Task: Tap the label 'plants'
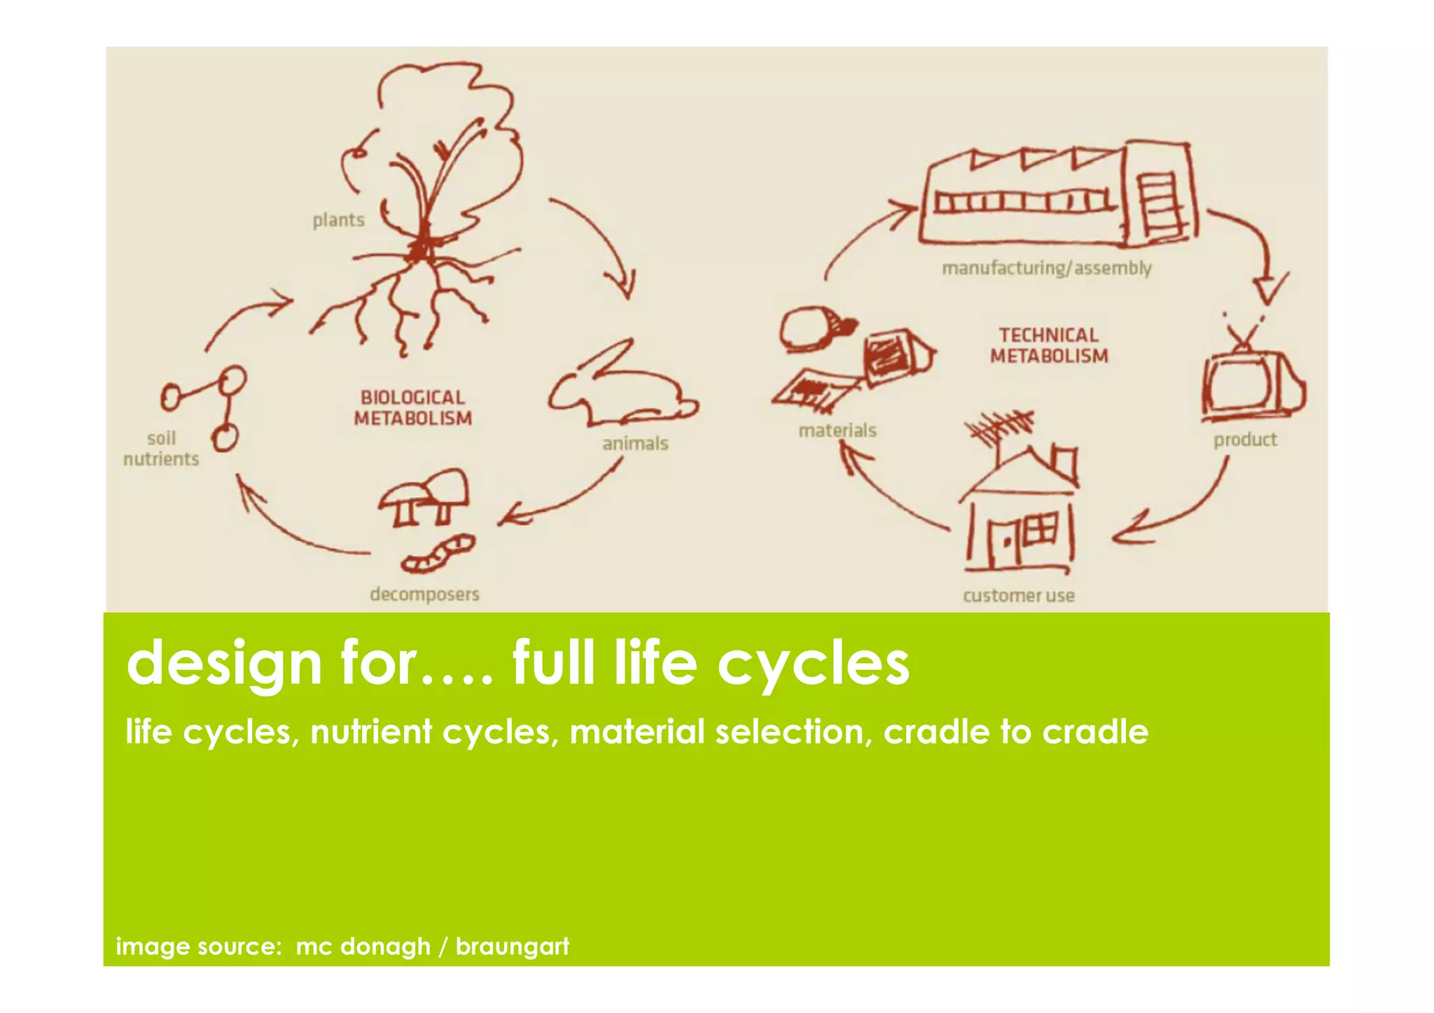click(x=338, y=220)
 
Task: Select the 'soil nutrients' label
click(x=161, y=449)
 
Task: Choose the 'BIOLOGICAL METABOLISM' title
click(x=412, y=408)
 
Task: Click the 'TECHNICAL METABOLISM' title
click(x=1049, y=346)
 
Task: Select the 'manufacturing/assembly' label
click(x=1046, y=268)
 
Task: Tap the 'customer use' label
click(x=1018, y=596)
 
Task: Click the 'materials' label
click(x=837, y=430)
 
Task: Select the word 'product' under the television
click(x=1245, y=440)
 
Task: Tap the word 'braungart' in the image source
click(x=512, y=946)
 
